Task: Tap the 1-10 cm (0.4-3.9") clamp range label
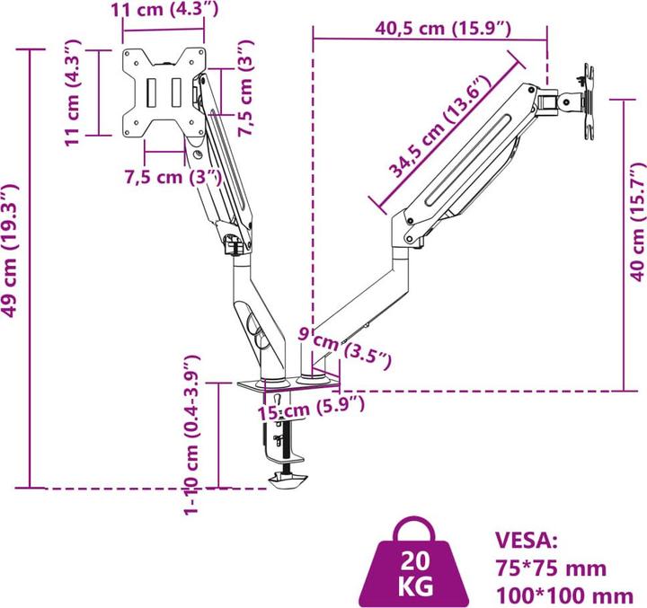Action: click(x=191, y=435)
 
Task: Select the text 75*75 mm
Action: click(x=550, y=568)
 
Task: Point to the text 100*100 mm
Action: click(x=564, y=594)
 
